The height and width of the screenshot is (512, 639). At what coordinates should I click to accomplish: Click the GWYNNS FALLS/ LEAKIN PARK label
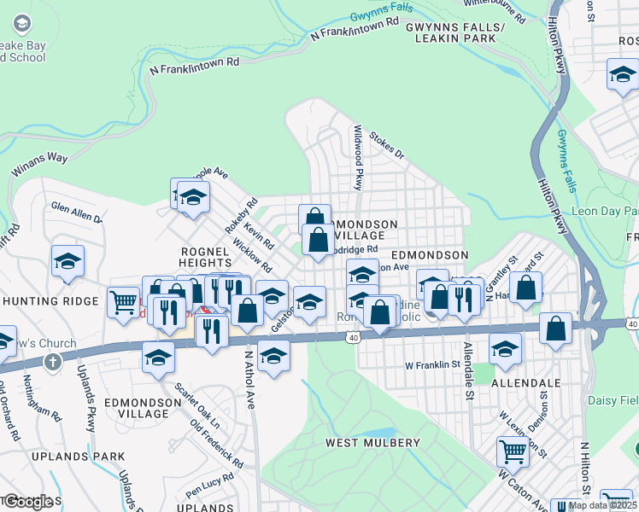(x=455, y=32)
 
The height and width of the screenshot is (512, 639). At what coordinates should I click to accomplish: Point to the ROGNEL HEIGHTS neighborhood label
(x=204, y=258)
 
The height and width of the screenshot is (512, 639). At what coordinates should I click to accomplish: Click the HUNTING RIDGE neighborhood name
(x=51, y=301)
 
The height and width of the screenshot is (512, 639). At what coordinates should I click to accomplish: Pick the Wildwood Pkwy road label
(x=359, y=157)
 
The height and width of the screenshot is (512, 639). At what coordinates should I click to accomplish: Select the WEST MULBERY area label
(x=372, y=443)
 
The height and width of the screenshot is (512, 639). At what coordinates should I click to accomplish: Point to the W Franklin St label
(x=433, y=364)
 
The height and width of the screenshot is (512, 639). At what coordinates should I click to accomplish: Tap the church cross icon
(x=54, y=362)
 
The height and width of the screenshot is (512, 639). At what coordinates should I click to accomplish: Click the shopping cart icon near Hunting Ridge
(x=123, y=300)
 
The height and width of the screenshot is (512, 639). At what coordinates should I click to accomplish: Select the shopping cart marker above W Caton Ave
(x=513, y=450)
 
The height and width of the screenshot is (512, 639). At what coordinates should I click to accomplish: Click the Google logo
(x=28, y=501)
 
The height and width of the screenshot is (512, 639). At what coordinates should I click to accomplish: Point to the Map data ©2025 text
(x=601, y=505)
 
